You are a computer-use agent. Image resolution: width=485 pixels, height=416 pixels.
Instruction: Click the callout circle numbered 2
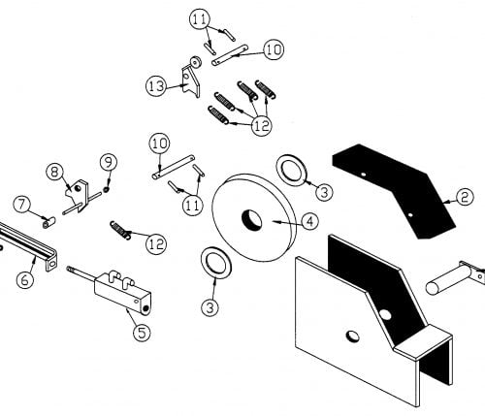[464, 197]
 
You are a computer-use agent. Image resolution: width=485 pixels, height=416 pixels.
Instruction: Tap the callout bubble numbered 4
[309, 221]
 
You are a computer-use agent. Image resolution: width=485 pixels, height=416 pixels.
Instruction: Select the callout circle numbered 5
[143, 332]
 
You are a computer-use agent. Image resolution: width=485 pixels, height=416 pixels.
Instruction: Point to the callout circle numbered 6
[25, 279]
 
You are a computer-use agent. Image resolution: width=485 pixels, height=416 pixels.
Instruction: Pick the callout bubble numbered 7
[21, 205]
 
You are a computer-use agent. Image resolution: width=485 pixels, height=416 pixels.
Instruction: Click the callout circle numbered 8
[54, 172]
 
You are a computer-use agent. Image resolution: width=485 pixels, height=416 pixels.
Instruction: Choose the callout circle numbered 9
[108, 162]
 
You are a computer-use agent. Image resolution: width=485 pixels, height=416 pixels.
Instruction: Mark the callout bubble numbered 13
[156, 86]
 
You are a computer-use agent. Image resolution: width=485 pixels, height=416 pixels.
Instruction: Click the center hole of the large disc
[252, 220]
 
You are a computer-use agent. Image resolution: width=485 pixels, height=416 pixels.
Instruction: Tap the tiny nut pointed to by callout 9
[106, 189]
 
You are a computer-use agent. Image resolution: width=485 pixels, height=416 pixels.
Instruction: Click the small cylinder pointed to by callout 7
[49, 222]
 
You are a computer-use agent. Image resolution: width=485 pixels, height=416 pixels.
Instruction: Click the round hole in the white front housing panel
[352, 336]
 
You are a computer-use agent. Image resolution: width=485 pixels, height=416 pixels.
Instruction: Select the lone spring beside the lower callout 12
[120, 230]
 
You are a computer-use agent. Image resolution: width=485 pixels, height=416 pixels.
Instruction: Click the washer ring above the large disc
[291, 170]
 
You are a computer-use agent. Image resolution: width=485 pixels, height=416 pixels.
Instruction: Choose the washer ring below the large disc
[215, 262]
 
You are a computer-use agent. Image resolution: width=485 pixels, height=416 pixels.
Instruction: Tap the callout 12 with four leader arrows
[262, 125]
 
